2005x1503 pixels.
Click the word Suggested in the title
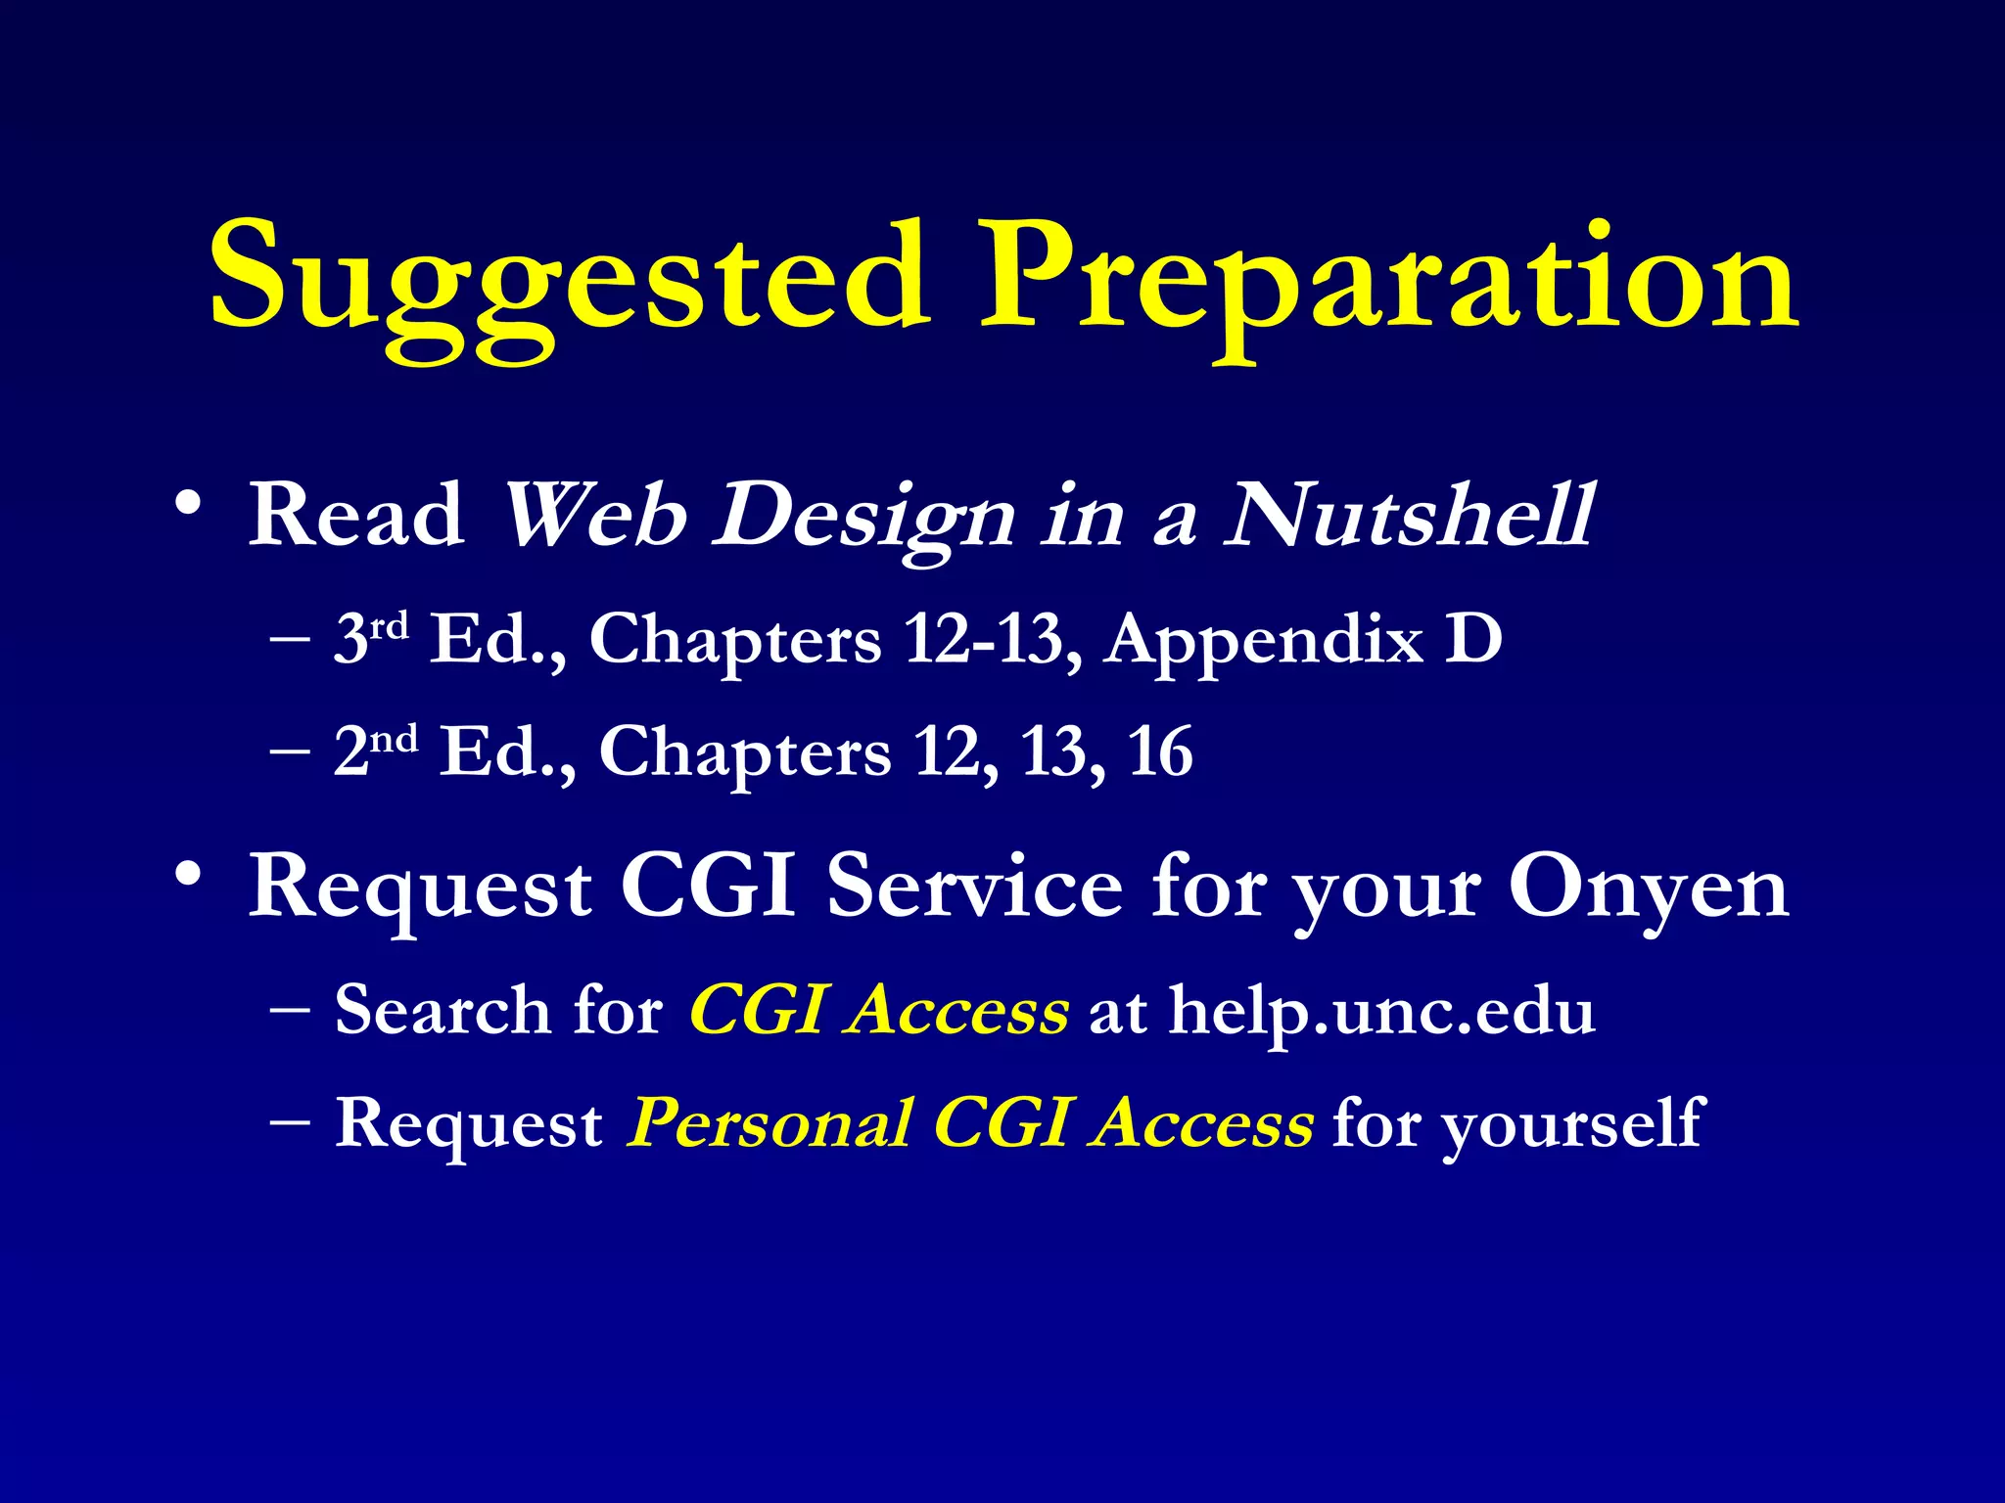click(568, 279)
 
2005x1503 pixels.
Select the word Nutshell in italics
click(1410, 516)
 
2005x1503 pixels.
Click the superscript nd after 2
click(395, 738)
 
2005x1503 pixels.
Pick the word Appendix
click(1263, 642)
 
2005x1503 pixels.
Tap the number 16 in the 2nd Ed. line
click(1160, 752)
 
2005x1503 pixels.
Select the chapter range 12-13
click(984, 640)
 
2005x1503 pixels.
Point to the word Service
click(974, 886)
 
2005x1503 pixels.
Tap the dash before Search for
click(290, 1009)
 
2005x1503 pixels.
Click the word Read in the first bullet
click(356, 516)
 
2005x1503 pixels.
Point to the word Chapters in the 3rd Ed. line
click(735, 642)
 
